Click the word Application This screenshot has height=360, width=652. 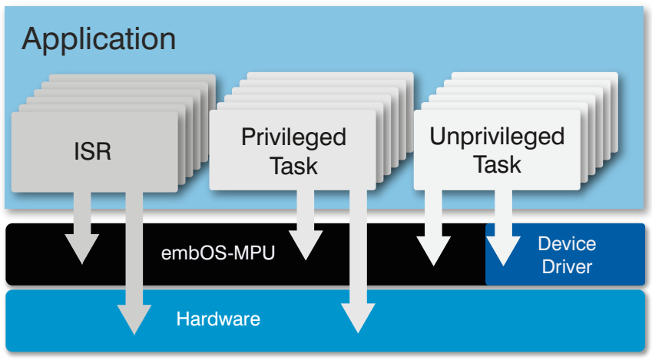click(x=98, y=40)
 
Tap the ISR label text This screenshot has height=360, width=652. click(x=92, y=151)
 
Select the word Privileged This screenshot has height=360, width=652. click(x=293, y=137)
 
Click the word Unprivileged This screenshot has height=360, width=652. click(x=497, y=137)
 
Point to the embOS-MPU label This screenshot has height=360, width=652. click(x=218, y=253)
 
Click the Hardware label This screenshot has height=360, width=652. click(x=218, y=319)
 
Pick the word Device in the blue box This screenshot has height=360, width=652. click(x=567, y=243)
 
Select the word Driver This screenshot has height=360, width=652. click(x=567, y=267)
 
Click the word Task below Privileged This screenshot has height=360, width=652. click(x=293, y=167)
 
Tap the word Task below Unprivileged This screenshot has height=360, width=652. click(x=497, y=164)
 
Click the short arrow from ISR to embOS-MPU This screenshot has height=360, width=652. click(x=82, y=228)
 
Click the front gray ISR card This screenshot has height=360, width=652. click(x=94, y=152)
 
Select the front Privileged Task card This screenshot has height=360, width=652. click(x=293, y=150)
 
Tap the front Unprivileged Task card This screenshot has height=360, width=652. click(x=497, y=150)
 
